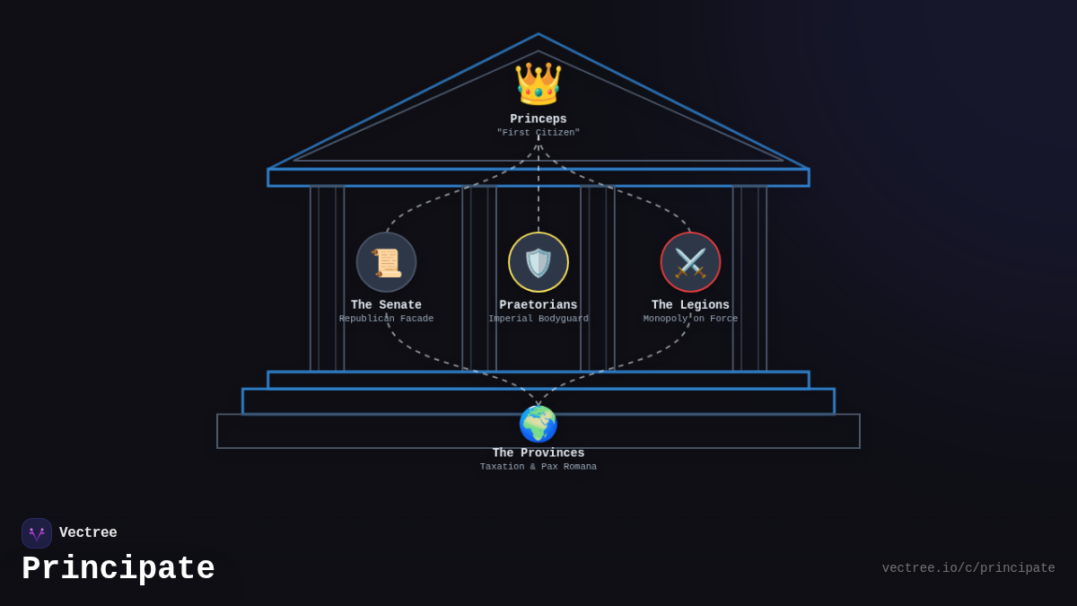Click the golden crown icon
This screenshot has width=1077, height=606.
coord(538,83)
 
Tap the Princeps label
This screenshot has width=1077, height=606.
coord(538,119)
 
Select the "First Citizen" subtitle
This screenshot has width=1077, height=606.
coord(538,132)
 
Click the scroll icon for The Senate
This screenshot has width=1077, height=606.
coord(386,262)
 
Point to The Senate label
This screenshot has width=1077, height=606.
coord(386,305)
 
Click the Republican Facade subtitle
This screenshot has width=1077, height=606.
coord(386,319)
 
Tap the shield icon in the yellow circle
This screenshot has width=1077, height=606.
coord(538,262)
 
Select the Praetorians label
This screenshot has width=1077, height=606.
coord(538,305)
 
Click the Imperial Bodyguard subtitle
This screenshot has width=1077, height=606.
coord(538,319)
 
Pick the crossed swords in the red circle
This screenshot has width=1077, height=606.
coord(690,262)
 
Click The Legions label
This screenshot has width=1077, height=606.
coord(690,305)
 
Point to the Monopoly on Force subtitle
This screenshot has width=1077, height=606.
coord(690,319)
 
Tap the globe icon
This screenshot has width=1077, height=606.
coord(538,424)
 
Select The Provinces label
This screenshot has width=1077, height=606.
coord(538,453)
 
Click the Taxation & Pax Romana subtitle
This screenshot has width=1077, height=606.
coord(538,467)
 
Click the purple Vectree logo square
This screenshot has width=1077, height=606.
coord(37,533)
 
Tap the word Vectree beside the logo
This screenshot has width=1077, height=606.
coord(88,532)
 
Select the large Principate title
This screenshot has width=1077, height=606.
coord(118,568)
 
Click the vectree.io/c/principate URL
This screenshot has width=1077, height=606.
coord(968,568)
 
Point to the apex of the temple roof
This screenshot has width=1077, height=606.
coord(538,34)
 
